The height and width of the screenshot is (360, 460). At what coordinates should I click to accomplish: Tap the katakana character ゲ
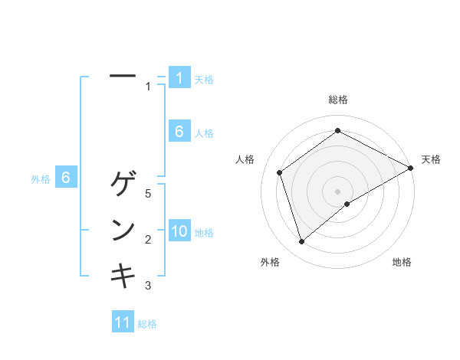(123, 185)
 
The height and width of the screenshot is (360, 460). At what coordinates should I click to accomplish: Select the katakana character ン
(123, 230)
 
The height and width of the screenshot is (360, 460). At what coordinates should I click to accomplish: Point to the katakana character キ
(123, 275)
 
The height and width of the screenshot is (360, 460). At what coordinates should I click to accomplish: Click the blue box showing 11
(123, 323)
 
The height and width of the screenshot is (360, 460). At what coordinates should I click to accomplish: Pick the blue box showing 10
(179, 232)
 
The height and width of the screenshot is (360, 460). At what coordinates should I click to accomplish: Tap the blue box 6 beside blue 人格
(179, 132)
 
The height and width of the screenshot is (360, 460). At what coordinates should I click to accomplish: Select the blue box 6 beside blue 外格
(66, 178)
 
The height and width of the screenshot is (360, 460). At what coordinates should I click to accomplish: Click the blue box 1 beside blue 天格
(179, 78)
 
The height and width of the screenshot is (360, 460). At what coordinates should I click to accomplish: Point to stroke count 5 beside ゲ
(148, 194)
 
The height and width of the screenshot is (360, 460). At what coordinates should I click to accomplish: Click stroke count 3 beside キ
(148, 286)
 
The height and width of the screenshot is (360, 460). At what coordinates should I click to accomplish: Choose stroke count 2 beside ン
(148, 240)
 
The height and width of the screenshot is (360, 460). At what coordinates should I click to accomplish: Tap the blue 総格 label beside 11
(147, 324)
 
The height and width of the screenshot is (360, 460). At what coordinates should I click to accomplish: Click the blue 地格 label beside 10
(205, 233)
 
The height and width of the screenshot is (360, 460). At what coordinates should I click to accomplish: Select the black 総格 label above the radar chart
(338, 100)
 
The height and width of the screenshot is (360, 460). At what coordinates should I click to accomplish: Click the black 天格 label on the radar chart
(431, 159)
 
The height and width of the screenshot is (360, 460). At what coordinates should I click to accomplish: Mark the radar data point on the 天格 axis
(411, 168)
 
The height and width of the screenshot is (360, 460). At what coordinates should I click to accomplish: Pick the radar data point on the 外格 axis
(301, 242)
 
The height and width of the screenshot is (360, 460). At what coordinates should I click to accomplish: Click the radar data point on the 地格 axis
(347, 204)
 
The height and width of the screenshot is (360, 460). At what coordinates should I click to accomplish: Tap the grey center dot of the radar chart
(338, 191)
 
